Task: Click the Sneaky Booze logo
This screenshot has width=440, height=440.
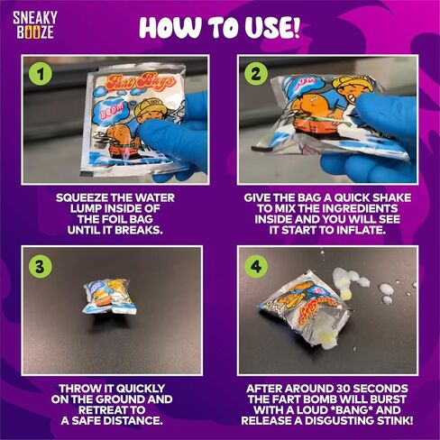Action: click(x=35, y=25)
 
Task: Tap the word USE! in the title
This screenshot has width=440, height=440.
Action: click(x=272, y=27)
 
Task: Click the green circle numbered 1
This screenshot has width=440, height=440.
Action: click(x=41, y=75)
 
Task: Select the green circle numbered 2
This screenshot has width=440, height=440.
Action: click(x=256, y=74)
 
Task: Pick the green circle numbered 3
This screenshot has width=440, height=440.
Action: click(x=40, y=266)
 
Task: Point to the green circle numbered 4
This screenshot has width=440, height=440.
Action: click(x=256, y=266)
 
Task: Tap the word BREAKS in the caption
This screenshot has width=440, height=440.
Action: click(x=139, y=230)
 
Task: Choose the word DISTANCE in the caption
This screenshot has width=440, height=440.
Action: click(x=132, y=421)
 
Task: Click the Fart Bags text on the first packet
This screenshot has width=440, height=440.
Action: click(x=141, y=81)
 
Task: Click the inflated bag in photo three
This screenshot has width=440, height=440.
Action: click(x=110, y=297)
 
